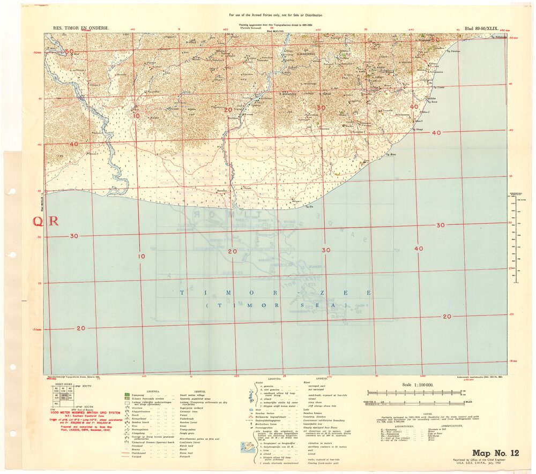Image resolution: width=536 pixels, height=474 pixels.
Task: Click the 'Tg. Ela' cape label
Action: tap(308, 206)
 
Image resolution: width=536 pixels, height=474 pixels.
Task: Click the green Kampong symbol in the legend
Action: tap(127, 395)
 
